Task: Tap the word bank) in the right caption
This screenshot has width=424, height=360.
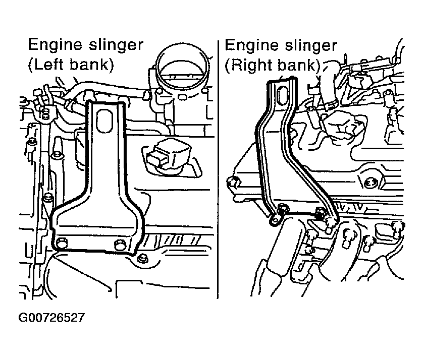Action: coord(299,65)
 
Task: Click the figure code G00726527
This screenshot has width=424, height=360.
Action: coord(51,318)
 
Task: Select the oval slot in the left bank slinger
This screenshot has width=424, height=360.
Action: coord(104,121)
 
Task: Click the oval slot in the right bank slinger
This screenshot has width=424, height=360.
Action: coord(283,96)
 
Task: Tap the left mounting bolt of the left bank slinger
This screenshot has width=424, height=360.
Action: coord(62,242)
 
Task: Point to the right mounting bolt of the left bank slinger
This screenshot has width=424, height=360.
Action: coord(120,245)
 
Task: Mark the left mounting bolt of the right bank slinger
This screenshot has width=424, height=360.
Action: coord(283,210)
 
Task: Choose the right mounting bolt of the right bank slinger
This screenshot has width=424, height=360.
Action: coord(321,212)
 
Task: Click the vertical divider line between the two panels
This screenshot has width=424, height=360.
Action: coord(218,169)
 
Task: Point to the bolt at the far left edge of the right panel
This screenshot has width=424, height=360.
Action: coord(233,183)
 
